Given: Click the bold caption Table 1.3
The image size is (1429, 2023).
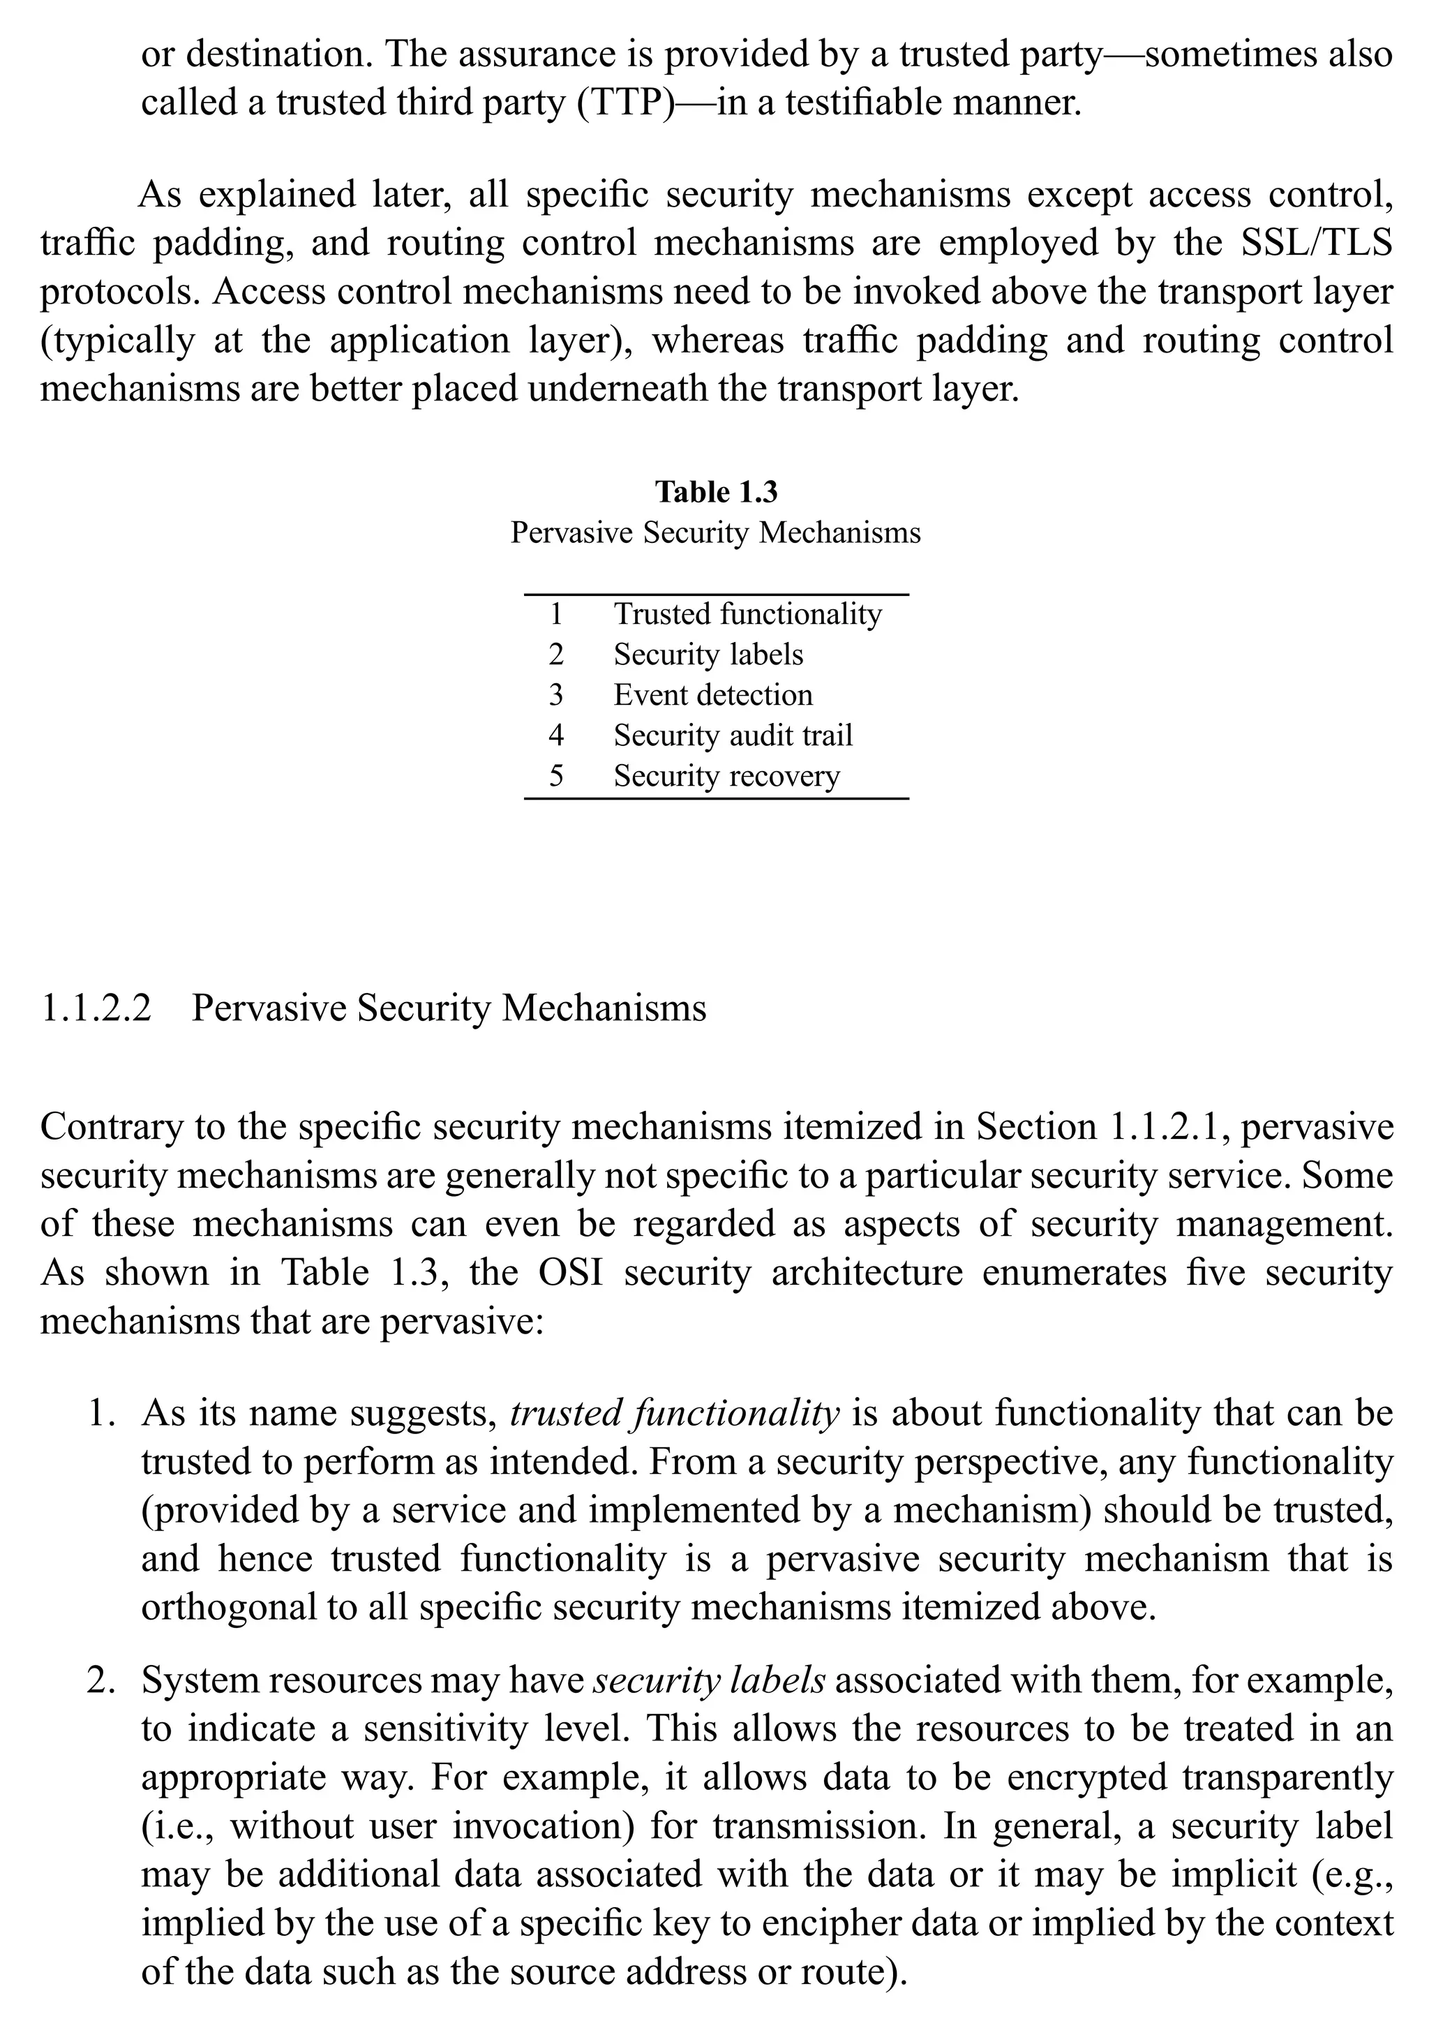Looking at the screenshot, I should [715, 492].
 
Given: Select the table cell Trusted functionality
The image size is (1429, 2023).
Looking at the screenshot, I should [747, 613].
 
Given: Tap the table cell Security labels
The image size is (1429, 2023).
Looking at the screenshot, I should [708, 654].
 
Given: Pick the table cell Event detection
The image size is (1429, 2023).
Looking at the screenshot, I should [712, 694].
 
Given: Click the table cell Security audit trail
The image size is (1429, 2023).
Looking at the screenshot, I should [733, 735].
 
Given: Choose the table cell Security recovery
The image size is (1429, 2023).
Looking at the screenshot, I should [727, 775].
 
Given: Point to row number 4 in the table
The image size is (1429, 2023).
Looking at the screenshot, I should [556, 735].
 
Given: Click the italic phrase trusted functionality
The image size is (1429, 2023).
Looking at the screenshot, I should [675, 1413].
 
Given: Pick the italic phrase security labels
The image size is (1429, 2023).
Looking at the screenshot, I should [709, 1680].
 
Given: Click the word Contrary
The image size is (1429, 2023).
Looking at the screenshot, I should [104, 1127].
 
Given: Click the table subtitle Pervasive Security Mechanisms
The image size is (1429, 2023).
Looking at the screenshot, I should [715, 533].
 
